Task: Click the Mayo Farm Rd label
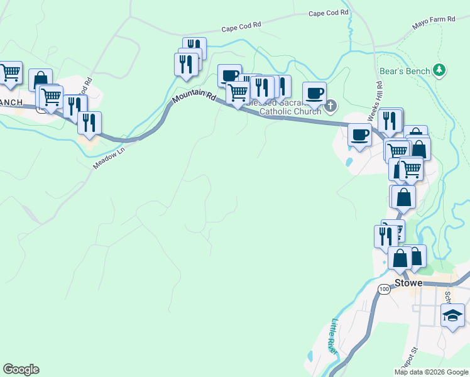434,23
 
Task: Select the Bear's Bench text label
405,71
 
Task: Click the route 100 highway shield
384,289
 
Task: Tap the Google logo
21,369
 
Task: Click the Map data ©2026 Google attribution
431,372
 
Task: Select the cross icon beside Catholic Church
331,106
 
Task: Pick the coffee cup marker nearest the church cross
315,94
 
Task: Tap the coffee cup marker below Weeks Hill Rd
361,134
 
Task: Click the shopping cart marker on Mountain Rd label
238,92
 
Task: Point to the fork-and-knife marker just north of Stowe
385,236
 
